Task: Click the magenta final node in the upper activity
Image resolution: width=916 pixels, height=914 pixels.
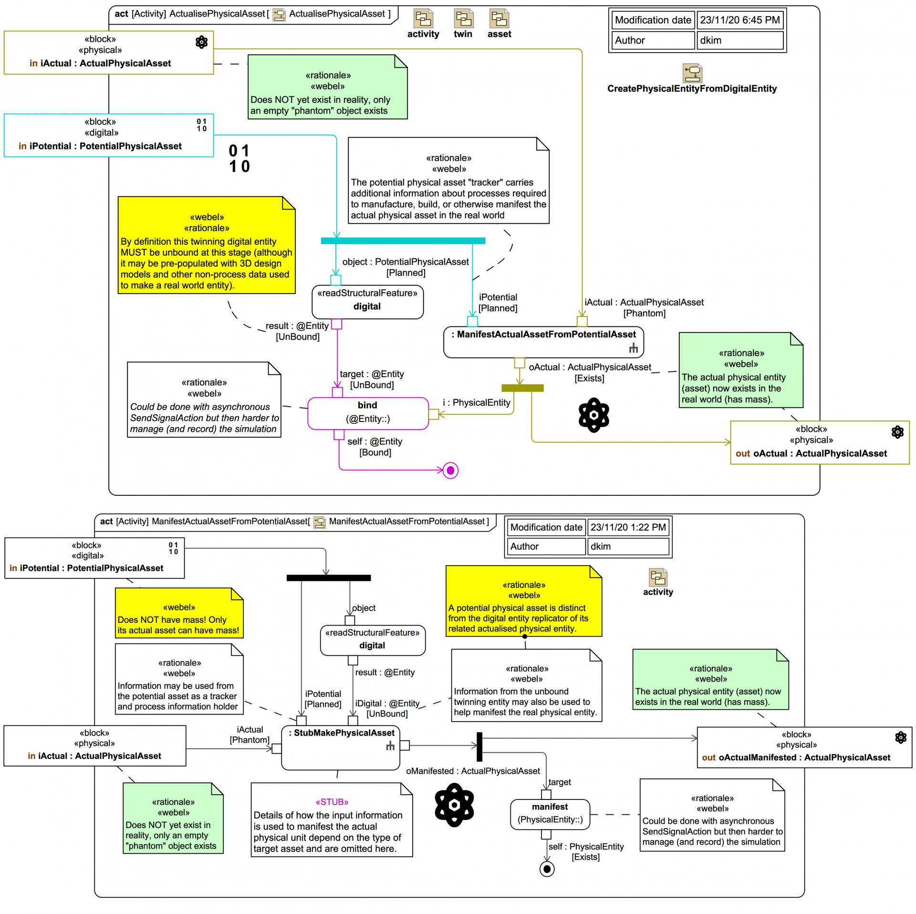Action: [450, 470]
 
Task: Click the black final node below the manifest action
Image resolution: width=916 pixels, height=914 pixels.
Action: [547, 869]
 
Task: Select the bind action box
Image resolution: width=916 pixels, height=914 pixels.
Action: [367, 413]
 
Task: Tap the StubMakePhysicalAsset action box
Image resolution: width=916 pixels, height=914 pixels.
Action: [340, 747]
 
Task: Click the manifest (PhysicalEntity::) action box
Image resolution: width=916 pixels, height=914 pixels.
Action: [550, 814]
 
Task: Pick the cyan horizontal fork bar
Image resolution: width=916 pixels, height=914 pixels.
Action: [403, 241]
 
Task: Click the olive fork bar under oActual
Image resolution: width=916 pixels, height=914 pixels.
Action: [522, 388]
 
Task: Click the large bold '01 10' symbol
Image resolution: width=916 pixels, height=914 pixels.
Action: [239, 158]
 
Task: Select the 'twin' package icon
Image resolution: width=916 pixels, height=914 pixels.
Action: [463, 19]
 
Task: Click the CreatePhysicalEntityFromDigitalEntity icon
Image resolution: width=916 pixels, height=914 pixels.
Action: [692, 73]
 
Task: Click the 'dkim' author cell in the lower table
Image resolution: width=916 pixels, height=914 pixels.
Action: [627, 546]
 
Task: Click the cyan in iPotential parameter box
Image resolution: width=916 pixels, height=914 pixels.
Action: [108, 135]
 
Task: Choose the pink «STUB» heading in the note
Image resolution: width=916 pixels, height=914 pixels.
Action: [332, 801]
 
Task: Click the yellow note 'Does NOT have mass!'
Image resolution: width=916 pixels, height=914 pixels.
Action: [179, 613]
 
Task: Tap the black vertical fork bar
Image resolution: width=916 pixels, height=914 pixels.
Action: [479, 746]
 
